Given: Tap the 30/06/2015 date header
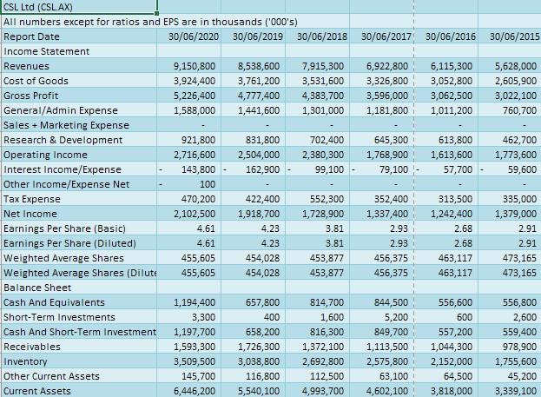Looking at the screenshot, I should (x=514, y=36).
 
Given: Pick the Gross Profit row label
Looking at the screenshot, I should (x=32, y=96).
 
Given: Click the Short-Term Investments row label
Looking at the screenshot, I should (x=57, y=317).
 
